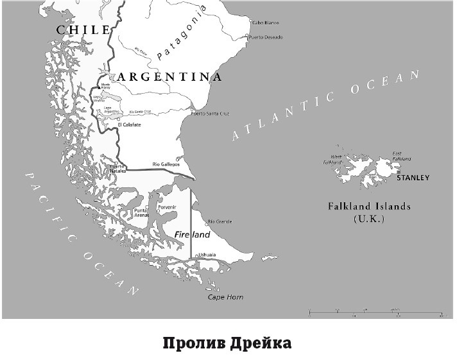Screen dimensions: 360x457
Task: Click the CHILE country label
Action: (x=81, y=30)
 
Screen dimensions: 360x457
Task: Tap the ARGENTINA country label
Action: (x=169, y=77)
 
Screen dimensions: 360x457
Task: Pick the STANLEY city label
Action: (x=413, y=178)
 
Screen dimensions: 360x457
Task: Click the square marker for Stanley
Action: (x=398, y=173)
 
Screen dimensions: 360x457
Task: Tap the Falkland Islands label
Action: (x=369, y=207)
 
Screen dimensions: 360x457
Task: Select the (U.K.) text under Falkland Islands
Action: (x=368, y=219)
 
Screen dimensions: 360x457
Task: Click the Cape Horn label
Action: (x=225, y=297)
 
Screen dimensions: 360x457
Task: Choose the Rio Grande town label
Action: (x=219, y=222)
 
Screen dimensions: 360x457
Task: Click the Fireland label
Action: (x=193, y=236)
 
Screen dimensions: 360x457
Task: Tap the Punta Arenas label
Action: (x=141, y=213)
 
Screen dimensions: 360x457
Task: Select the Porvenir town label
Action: (x=166, y=207)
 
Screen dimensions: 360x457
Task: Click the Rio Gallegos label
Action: (x=166, y=164)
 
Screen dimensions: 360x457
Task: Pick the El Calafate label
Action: (x=128, y=124)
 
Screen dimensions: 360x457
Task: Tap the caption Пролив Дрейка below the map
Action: (x=228, y=342)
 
